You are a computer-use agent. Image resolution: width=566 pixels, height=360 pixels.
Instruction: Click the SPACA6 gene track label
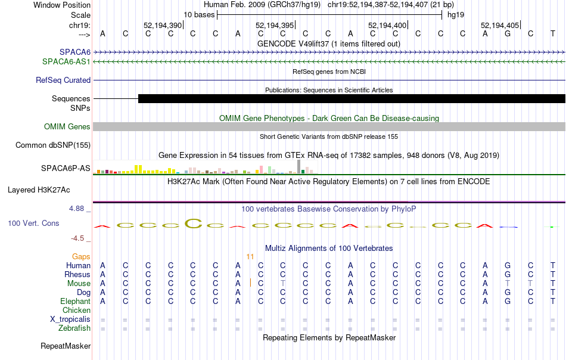(x=75, y=52)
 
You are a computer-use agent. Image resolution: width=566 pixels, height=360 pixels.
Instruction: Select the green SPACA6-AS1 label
(x=66, y=62)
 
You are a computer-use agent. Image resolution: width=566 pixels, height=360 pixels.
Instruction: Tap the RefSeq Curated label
(x=63, y=80)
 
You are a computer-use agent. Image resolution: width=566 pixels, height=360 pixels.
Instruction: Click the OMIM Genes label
(x=67, y=127)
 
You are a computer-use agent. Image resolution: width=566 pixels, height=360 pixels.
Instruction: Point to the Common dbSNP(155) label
(x=53, y=145)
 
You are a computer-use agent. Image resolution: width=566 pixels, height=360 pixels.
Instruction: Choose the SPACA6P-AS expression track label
(x=66, y=168)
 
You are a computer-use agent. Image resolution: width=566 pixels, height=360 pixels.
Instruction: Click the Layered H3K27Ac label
(x=39, y=190)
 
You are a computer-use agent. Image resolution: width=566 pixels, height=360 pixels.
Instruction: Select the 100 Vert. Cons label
(x=33, y=223)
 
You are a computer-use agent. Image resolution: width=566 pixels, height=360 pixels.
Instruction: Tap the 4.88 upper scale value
(x=76, y=209)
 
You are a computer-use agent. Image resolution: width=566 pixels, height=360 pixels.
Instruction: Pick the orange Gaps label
(x=81, y=257)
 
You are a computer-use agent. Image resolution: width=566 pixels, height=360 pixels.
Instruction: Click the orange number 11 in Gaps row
(x=250, y=257)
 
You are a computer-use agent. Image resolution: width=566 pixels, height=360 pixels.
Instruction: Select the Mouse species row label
(x=79, y=284)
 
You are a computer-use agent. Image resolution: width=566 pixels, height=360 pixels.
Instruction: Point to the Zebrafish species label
(x=74, y=328)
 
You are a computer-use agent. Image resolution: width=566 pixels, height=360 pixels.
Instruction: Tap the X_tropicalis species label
(x=70, y=319)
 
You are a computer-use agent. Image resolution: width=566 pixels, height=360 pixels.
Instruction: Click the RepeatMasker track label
(x=66, y=346)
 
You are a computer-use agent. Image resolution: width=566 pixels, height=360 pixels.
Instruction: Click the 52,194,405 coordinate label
(x=500, y=25)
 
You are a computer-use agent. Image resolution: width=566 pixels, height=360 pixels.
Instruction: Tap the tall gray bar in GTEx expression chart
(x=299, y=166)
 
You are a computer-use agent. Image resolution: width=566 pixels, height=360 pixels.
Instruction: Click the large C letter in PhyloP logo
(x=194, y=224)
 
